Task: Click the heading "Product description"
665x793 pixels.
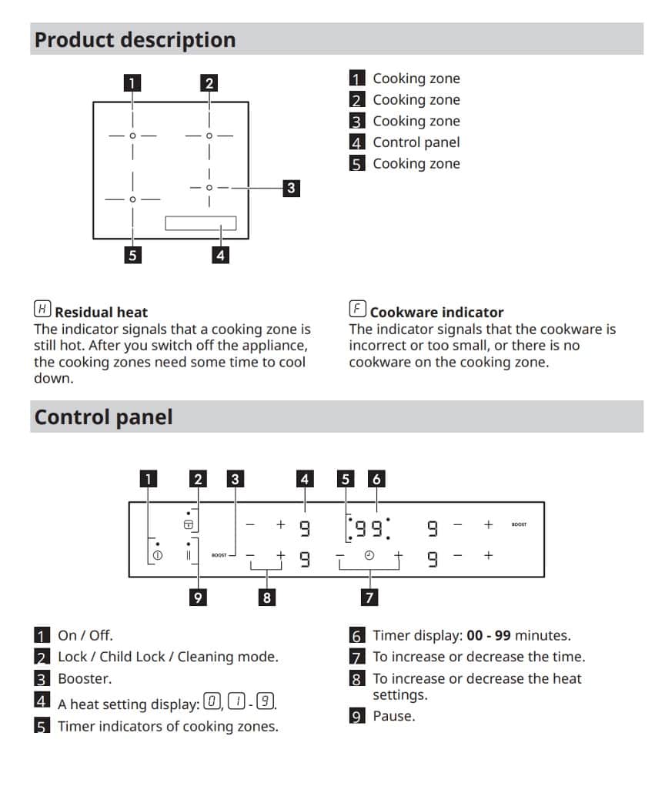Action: click(135, 40)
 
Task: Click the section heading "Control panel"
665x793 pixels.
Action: click(104, 417)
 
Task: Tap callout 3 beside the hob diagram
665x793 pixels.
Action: click(290, 187)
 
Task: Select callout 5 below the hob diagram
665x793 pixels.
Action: click(133, 255)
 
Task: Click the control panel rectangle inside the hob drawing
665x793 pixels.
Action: click(200, 223)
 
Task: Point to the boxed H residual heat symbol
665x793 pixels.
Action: click(43, 310)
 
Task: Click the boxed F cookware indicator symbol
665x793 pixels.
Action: click(358, 310)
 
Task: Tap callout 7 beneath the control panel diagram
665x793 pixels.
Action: click(369, 597)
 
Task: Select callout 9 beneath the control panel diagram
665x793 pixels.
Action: click(199, 597)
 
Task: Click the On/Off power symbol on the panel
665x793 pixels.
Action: click(157, 555)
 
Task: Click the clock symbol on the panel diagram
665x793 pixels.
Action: click(369, 555)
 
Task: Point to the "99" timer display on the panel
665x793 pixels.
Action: click(369, 527)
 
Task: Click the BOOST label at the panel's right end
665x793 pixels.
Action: click(519, 525)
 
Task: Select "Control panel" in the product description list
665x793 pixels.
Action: click(416, 142)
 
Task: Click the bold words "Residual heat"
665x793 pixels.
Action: click(101, 313)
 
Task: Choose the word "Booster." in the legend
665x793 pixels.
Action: click(85, 679)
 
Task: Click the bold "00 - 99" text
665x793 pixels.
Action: click(489, 636)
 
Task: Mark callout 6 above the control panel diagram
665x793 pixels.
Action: click(376, 479)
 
